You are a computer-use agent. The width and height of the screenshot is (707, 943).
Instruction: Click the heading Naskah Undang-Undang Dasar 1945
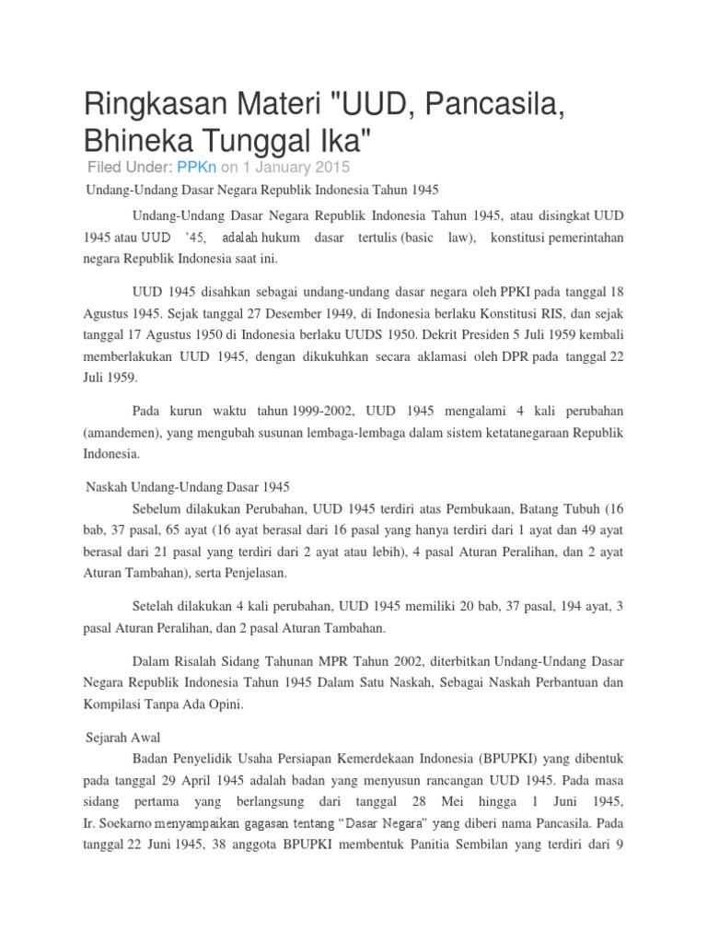187,485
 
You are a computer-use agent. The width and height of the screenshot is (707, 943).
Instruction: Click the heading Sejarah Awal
122,739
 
